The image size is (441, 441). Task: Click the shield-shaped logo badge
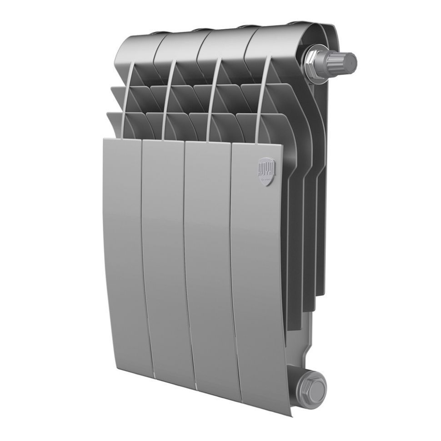tap(267, 170)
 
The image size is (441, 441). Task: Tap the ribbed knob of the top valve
tap(344, 60)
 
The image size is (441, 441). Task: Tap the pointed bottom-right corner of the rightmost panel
tap(290, 414)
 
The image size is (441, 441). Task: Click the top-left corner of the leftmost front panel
tap(105, 139)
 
